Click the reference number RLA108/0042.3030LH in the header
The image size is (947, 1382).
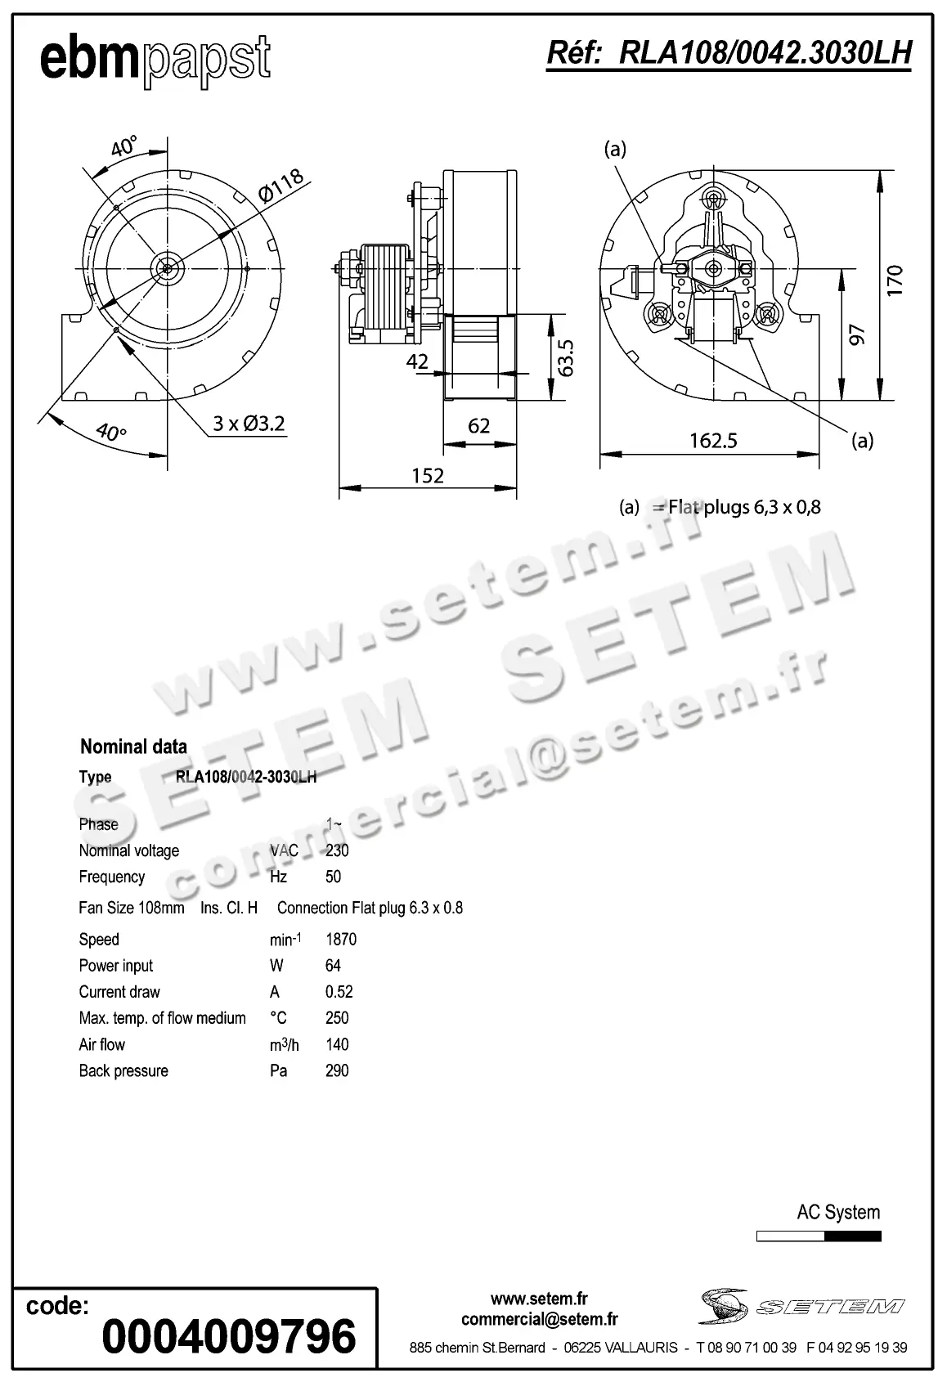point(729,53)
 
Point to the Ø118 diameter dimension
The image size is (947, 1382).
point(281,186)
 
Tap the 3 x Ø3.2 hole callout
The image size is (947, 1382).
point(249,424)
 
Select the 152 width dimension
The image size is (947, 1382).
point(428,476)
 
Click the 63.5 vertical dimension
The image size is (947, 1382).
point(565,357)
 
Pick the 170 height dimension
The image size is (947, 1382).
point(895,280)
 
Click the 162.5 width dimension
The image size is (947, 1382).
point(713,442)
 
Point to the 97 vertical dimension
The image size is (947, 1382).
point(856,334)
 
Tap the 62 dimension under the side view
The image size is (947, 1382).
point(479,426)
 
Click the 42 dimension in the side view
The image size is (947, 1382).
point(417,361)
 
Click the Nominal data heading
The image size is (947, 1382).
point(133,747)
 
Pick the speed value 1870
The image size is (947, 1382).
point(341,940)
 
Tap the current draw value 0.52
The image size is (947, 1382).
point(339,992)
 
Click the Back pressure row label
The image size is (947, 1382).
point(123,1071)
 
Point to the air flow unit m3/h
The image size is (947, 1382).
point(285,1045)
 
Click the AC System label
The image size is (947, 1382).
point(838,1213)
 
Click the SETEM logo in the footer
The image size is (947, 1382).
point(801,1307)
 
